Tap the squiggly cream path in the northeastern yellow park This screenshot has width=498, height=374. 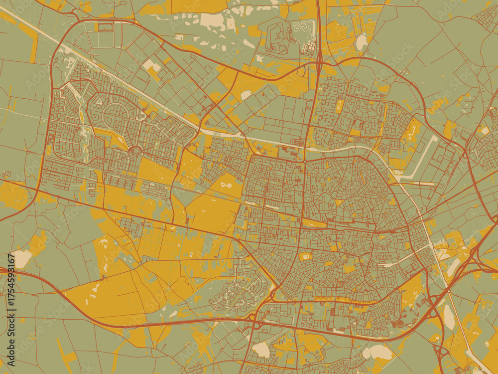412,131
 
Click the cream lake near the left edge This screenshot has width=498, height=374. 21,258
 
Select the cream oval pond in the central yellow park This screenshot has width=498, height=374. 226,186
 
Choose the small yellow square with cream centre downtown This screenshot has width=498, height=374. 305,256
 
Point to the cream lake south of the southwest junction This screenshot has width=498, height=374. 260,350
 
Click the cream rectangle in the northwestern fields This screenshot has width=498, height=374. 152,66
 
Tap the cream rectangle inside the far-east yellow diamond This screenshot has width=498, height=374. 484,131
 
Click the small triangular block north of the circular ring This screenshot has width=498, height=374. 99,101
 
